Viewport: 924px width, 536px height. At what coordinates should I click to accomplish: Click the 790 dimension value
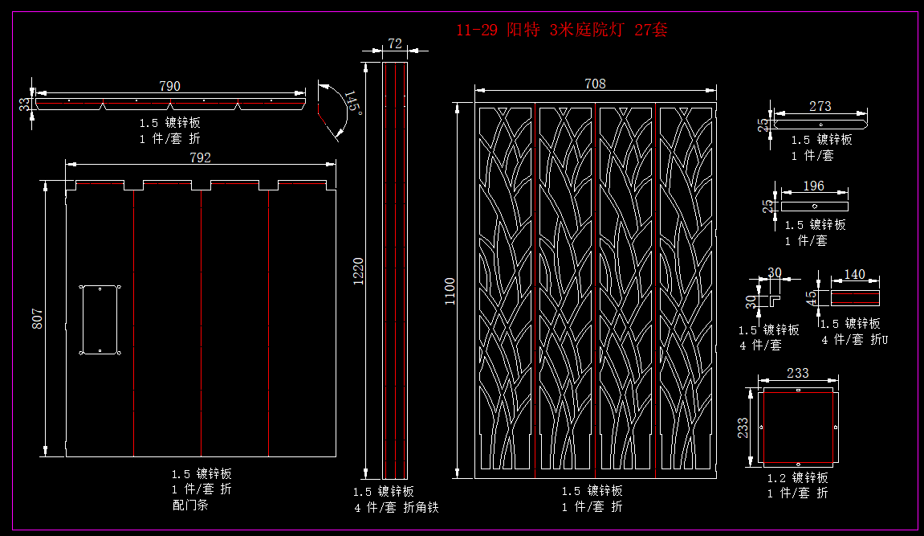[x=169, y=86]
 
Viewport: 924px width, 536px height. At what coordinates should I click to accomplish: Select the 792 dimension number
[x=200, y=158]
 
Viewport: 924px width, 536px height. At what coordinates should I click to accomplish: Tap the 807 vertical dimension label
[x=37, y=319]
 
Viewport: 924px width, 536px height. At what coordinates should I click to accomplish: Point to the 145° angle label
[x=352, y=104]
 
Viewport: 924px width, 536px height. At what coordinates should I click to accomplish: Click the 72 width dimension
[x=395, y=44]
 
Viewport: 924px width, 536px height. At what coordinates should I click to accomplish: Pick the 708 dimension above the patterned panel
[x=595, y=84]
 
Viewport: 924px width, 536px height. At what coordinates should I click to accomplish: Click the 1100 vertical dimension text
[x=450, y=291]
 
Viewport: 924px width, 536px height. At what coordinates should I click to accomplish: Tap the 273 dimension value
[x=820, y=106]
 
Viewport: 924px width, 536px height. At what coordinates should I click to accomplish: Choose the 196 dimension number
[x=813, y=186]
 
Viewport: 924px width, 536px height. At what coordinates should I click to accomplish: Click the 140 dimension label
[x=855, y=274]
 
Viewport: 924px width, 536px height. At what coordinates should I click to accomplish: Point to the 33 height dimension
[x=25, y=104]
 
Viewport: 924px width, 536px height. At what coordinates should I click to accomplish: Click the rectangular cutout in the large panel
[x=100, y=319]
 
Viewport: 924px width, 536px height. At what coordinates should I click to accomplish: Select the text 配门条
[x=190, y=505]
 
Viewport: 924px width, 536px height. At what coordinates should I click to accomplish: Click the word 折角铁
[x=421, y=507]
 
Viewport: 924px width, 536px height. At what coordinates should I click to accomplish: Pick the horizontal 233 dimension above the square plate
[x=798, y=373]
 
